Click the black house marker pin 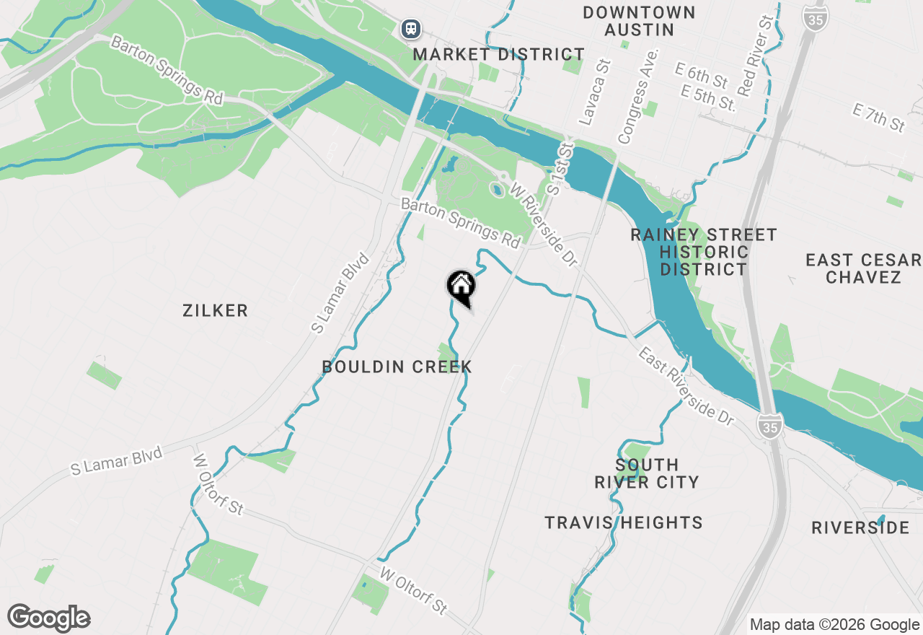pos(461,286)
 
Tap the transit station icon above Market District pos(411,29)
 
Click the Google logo pos(49,618)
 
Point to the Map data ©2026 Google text pos(834,625)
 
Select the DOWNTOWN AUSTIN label pos(639,21)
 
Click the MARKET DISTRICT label pos(499,55)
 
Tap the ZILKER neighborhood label pos(215,311)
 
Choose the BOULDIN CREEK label pos(397,367)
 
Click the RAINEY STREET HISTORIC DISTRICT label pos(704,252)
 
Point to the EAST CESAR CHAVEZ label pos(864,268)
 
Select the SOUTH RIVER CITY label pos(647,473)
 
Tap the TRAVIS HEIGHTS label pos(624,523)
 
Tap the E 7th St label pos(878,118)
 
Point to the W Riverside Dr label pos(545,225)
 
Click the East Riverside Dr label pos(686,385)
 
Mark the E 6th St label pos(702,74)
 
